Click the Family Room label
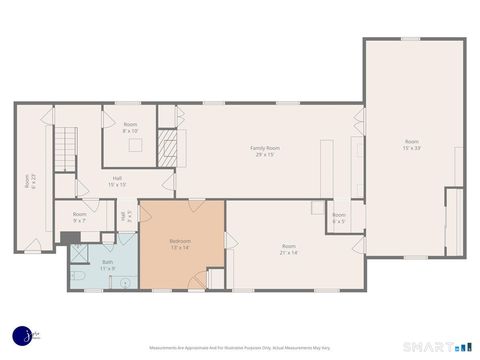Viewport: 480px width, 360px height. (264, 151)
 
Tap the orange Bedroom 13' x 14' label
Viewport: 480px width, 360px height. (180, 243)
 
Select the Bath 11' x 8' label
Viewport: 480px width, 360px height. (107, 265)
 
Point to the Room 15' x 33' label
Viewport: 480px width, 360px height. (412, 144)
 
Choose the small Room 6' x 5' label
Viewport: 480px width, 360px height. (339, 217)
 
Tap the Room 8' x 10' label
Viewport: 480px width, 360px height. (130, 127)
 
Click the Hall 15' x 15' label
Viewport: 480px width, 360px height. (117, 182)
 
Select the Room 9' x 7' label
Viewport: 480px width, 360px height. (80, 218)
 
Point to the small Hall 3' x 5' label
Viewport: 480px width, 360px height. (124, 215)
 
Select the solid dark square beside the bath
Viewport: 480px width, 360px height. (65, 238)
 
